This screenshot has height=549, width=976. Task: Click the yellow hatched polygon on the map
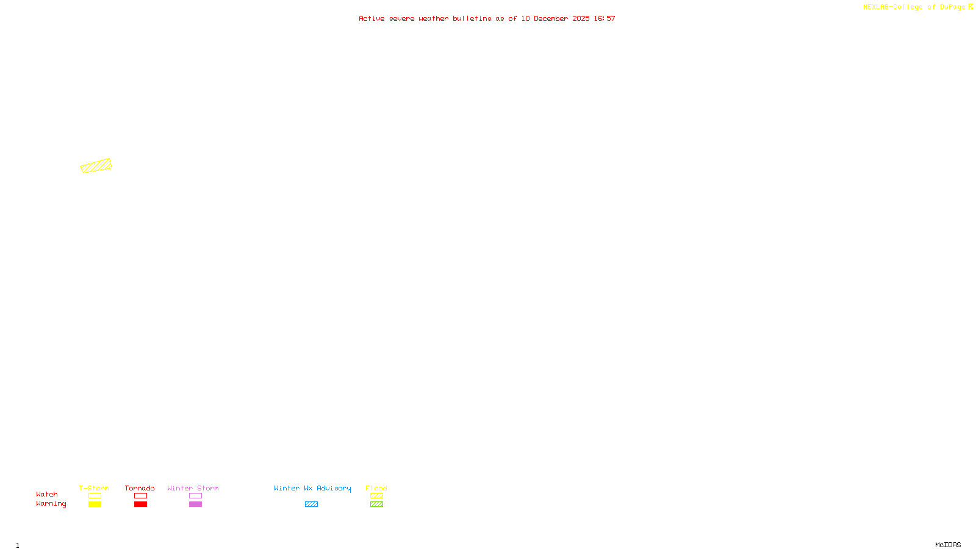pos(96,166)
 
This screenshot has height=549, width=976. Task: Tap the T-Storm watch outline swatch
pos(95,496)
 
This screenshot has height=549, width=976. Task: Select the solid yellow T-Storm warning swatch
pos(95,504)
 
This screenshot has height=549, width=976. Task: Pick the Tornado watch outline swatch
pos(140,496)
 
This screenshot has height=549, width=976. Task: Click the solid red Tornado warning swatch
pos(140,504)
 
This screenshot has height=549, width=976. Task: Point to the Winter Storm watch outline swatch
pos(195,496)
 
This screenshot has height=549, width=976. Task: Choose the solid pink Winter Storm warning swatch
pos(195,504)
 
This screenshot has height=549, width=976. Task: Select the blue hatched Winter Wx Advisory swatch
pos(311,504)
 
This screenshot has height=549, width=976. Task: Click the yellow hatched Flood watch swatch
pos(376,496)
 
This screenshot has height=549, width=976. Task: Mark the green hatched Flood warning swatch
pos(376,504)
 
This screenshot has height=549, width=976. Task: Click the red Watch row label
pos(46,495)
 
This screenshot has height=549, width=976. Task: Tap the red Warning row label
pos(51,504)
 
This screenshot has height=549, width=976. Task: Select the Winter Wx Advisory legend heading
pos(312,488)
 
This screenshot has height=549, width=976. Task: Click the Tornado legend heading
pos(140,488)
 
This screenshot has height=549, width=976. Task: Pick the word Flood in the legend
pos(376,488)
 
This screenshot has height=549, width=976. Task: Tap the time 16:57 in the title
pos(605,18)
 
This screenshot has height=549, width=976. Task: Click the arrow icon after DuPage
pos(971,7)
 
